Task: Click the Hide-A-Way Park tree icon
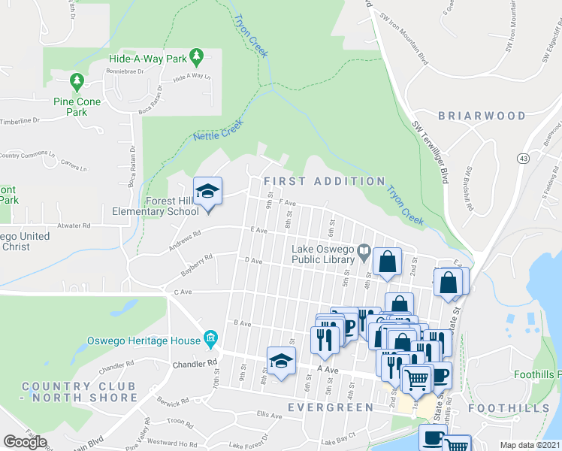tap(197, 56)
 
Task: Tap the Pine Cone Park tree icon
tap(76, 80)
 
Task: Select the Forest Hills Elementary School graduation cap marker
tap(207, 190)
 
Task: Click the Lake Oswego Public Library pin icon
tap(364, 251)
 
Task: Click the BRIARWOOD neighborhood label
tap(482, 116)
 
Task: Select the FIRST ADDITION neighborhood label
tap(325, 181)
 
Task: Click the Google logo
tap(25, 441)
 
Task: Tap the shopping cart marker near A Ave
tap(418, 377)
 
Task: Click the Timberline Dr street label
tap(20, 121)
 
